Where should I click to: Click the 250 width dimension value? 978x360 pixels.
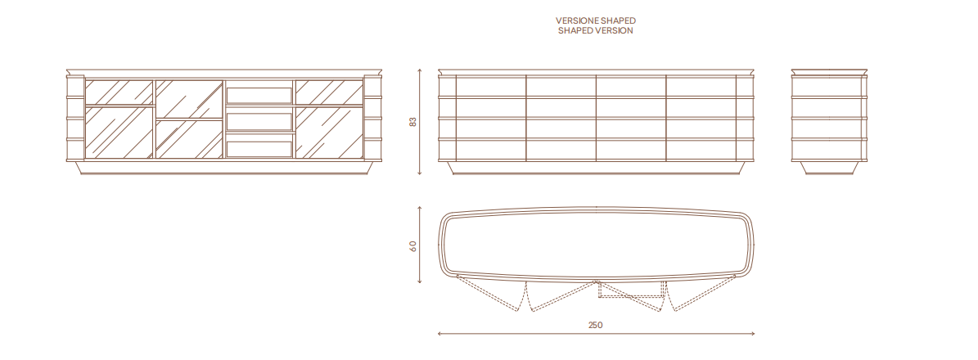pyautogui.click(x=596, y=325)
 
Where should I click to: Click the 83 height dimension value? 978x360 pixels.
pyautogui.click(x=412, y=122)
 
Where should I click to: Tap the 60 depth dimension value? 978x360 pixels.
pyautogui.click(x=412, y=245)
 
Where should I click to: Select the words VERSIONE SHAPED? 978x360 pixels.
pyautogui.click(x=596, y=20)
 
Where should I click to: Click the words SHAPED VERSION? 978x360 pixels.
pyautogui.click(x=596, y=30)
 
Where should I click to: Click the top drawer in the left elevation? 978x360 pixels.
pyautogui.click(x=259, y=95)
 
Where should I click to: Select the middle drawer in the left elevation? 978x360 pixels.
pyautogui.click(x=259, y=121)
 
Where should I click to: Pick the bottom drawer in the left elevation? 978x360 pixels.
pyautogui.click(x=259, y=148)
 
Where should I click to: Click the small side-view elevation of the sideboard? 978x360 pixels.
pyautogui.click(x=829, y=122)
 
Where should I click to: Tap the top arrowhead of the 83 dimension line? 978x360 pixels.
pyautogui.click(x=420, y=70)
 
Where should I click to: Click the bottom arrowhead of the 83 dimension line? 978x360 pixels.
pyautogui.click(x=420, y=173)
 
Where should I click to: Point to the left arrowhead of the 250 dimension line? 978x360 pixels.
pyautogui.click(x=439, y=334)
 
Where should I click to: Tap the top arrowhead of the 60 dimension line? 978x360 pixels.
pyautogui.click(x=420, y=209)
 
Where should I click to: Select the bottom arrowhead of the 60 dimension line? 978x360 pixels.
pyautogui.click(x=420, y=282)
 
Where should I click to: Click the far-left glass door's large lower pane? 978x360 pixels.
pyautogui.click(x=119, y=133)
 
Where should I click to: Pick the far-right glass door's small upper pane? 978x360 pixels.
pyautogui.click(x=329, y=92)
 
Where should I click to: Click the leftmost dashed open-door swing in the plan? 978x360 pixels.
pyautogui.click(x=492, y=292)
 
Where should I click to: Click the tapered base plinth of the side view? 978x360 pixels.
pyautogui.click(x=829, y=167)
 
